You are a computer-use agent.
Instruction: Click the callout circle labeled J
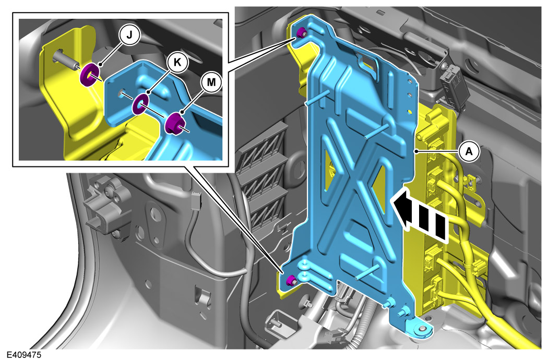(129, 35)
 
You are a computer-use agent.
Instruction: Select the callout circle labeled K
(177, 62)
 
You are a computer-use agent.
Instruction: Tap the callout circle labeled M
(211, 82)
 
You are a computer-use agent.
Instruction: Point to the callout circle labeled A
(469, 151)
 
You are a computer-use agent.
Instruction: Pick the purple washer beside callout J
(90, 75)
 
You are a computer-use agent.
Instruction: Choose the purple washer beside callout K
(140, 104)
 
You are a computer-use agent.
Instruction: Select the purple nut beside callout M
(174, 123)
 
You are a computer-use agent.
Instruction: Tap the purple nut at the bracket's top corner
(301, 33)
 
